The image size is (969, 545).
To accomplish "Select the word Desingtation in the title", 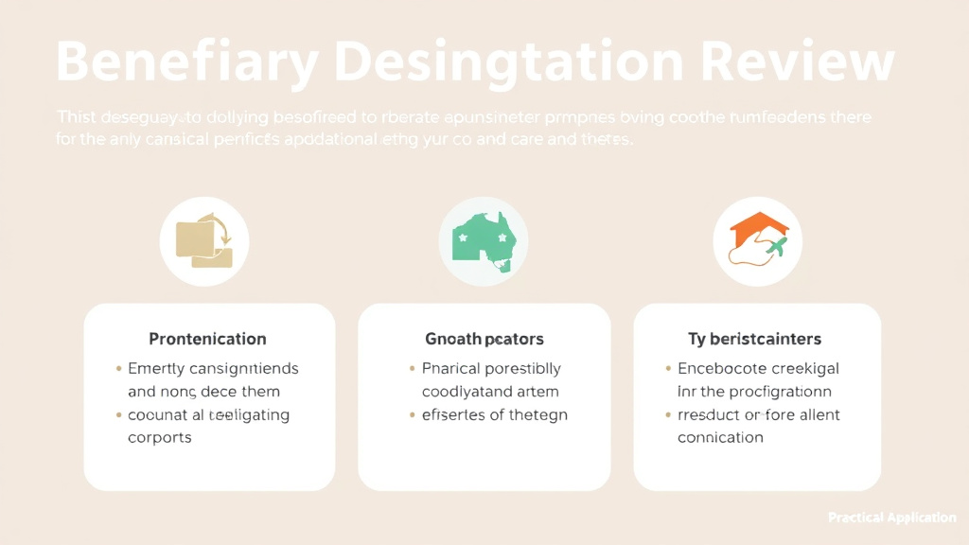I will pos(507,62).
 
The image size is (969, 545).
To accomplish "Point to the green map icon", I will pos(484,241).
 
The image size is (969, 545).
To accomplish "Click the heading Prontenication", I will pos(207,339).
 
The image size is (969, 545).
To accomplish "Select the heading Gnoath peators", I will pos(484,339).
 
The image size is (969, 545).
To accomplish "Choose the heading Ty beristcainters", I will pos(754,339).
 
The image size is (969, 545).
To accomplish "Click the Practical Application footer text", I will pos(891,518).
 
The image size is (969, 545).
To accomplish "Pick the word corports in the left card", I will pos(160,438).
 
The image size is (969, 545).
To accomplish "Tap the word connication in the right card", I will pos(720,438).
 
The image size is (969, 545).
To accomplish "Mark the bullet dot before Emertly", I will pos(118,369).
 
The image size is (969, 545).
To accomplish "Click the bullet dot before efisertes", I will pos(412,415).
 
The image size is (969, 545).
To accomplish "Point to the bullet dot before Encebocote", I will pos(668,369).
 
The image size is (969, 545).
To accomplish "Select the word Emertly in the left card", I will pos(157,368).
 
